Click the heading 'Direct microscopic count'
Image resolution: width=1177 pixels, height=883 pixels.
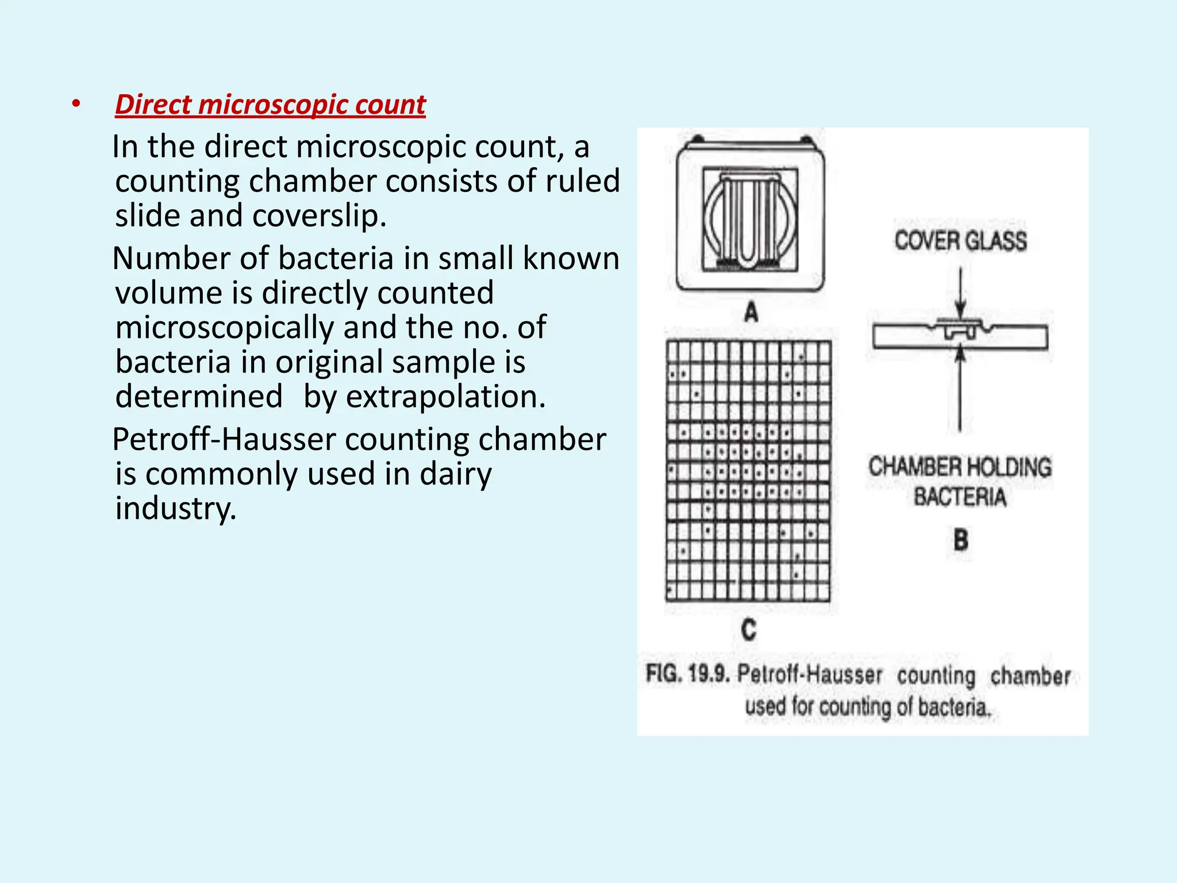[x=270, y=105]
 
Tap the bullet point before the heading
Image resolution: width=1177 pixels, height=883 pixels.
[x=76, y=104]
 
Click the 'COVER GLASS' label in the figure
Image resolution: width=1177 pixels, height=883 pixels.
[x=960, y=241]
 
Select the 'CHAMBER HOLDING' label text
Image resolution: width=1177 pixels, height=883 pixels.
[x=960, y=467]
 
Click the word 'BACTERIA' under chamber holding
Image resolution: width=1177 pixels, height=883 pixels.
[x=960, y=497]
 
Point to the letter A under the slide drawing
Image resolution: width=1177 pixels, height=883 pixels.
[x=751, y=313]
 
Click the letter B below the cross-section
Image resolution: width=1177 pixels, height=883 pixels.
[x=960, y=540]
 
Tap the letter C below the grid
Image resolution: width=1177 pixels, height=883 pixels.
[x=749, y=630]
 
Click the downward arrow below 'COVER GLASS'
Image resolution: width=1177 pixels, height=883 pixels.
[x=960, y=293]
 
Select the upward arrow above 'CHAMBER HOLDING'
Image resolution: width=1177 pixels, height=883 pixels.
[x=959, y=391]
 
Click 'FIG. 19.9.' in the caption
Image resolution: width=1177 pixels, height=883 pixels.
[x=687, y=674]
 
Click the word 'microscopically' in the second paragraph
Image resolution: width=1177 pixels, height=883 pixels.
[x=224, y=328]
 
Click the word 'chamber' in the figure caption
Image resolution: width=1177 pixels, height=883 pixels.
[x=1030, y=676]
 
